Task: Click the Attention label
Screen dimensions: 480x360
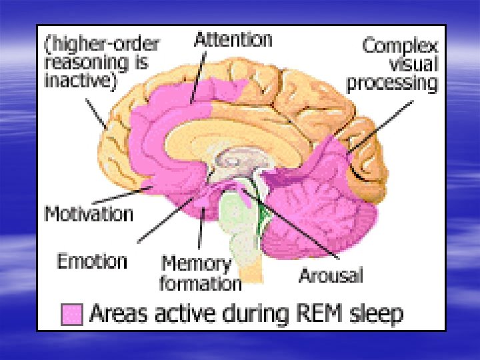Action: [x=233, y=39]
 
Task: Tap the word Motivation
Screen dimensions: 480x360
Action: [x=89, y=214]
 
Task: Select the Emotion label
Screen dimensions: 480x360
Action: [x=92, y=261]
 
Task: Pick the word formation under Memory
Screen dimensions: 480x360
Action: [x=200, y=283]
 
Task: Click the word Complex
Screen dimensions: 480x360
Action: [x=400, y=46]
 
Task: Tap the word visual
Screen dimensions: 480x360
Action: [x=414, y=65]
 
